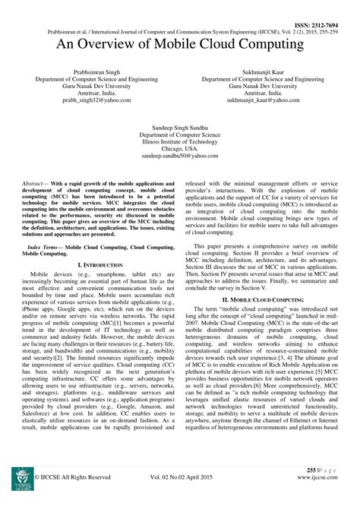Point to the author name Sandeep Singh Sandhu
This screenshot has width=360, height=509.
point(179,125)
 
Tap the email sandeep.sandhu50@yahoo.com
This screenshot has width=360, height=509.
point(179,156)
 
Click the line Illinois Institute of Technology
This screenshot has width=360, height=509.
point(179,141)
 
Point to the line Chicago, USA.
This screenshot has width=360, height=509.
point(179,148)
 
